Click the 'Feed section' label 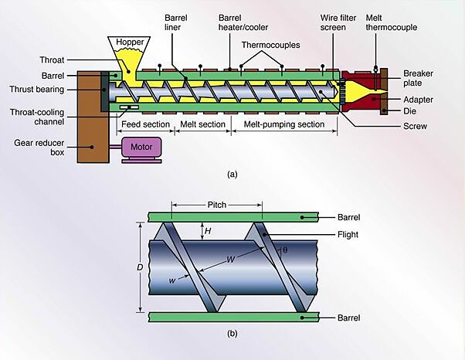[x=144, y=124]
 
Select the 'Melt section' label [x=202, y=124]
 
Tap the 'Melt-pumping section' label [x=282, y=124]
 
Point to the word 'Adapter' [x=418, y=99]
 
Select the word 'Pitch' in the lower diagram [x=217, y=205]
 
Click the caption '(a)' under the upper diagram [x=232, y=174]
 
